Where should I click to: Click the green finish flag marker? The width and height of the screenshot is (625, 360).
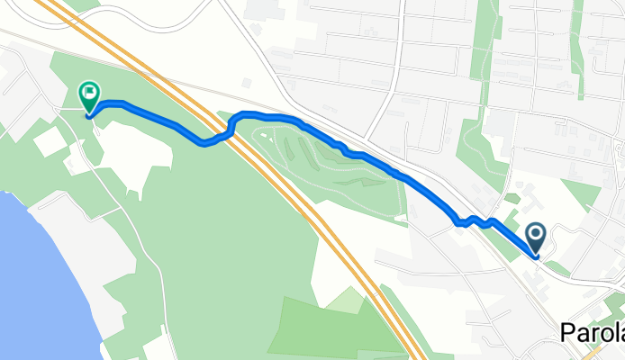[x=90, y=94]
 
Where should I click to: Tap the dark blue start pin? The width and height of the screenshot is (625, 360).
[x=535, y=237]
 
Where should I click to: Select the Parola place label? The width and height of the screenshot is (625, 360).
[x=592, y=333]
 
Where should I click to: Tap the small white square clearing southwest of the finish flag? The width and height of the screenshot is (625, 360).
[x=50, y=141]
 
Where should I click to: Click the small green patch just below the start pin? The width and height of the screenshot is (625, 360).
[x=557, y=268]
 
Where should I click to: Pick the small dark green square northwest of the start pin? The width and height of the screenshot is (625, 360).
[x=512, y=198]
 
